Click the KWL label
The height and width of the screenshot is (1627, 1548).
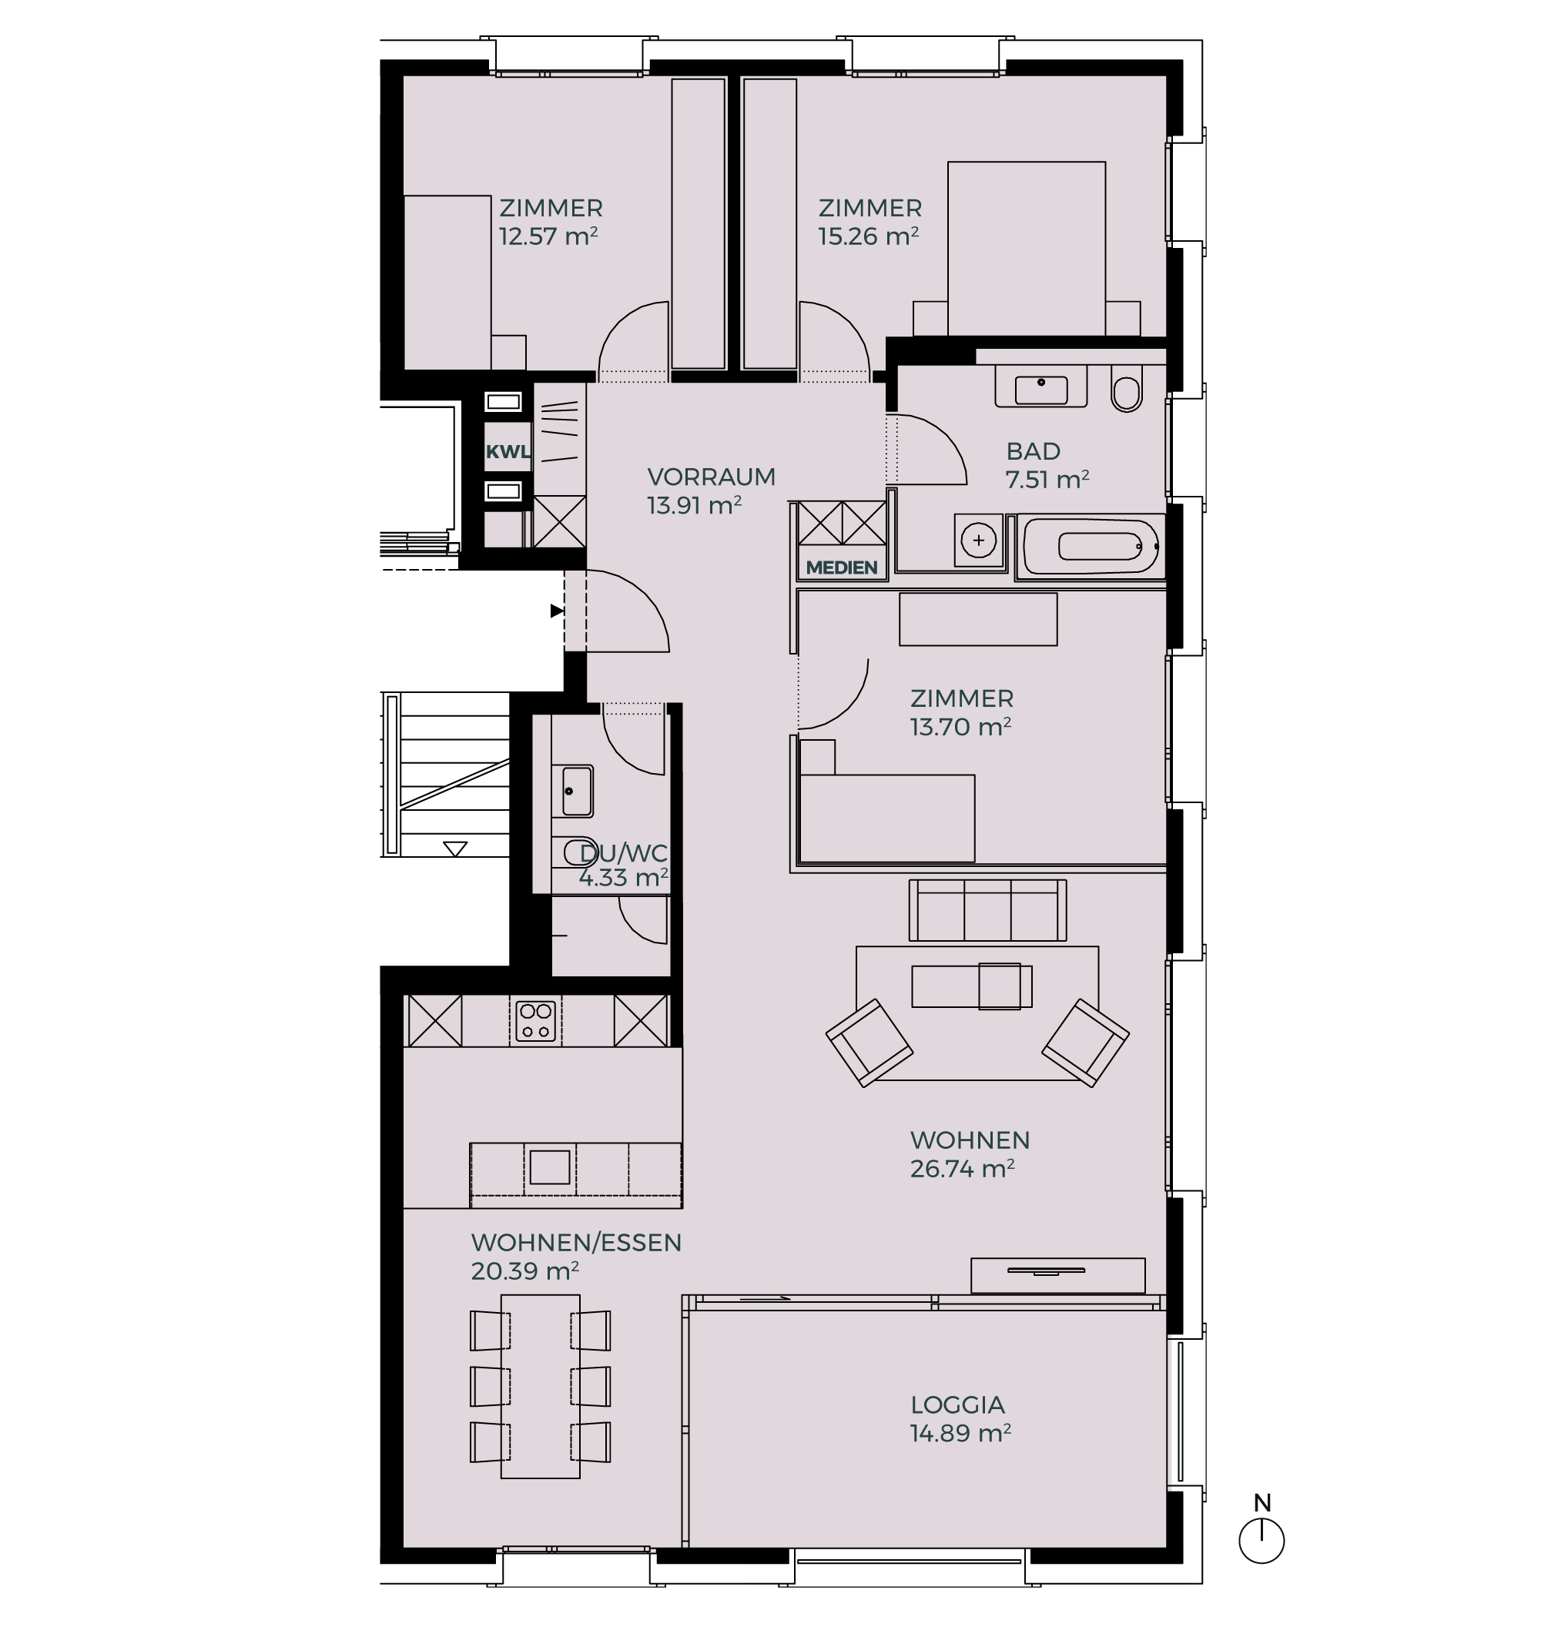507,451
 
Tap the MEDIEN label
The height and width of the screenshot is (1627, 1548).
842,567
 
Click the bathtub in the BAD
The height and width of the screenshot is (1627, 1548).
1091,546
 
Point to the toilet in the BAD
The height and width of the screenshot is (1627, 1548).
1126,391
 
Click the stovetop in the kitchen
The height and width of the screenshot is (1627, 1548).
535,1020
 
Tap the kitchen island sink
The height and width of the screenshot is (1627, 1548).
550,1167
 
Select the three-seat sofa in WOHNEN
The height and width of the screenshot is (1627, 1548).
987,910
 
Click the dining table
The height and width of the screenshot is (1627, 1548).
541,1386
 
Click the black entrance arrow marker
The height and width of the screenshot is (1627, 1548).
557,611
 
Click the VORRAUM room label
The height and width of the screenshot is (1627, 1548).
712,477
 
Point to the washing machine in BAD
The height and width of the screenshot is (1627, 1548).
979,541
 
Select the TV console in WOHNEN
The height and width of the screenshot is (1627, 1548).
1058,1276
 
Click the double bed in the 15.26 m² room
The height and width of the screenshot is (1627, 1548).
1027,249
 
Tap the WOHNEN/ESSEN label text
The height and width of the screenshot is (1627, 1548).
576,1244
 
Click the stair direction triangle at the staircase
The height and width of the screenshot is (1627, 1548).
455,849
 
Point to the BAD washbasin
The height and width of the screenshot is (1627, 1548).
1040,389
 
